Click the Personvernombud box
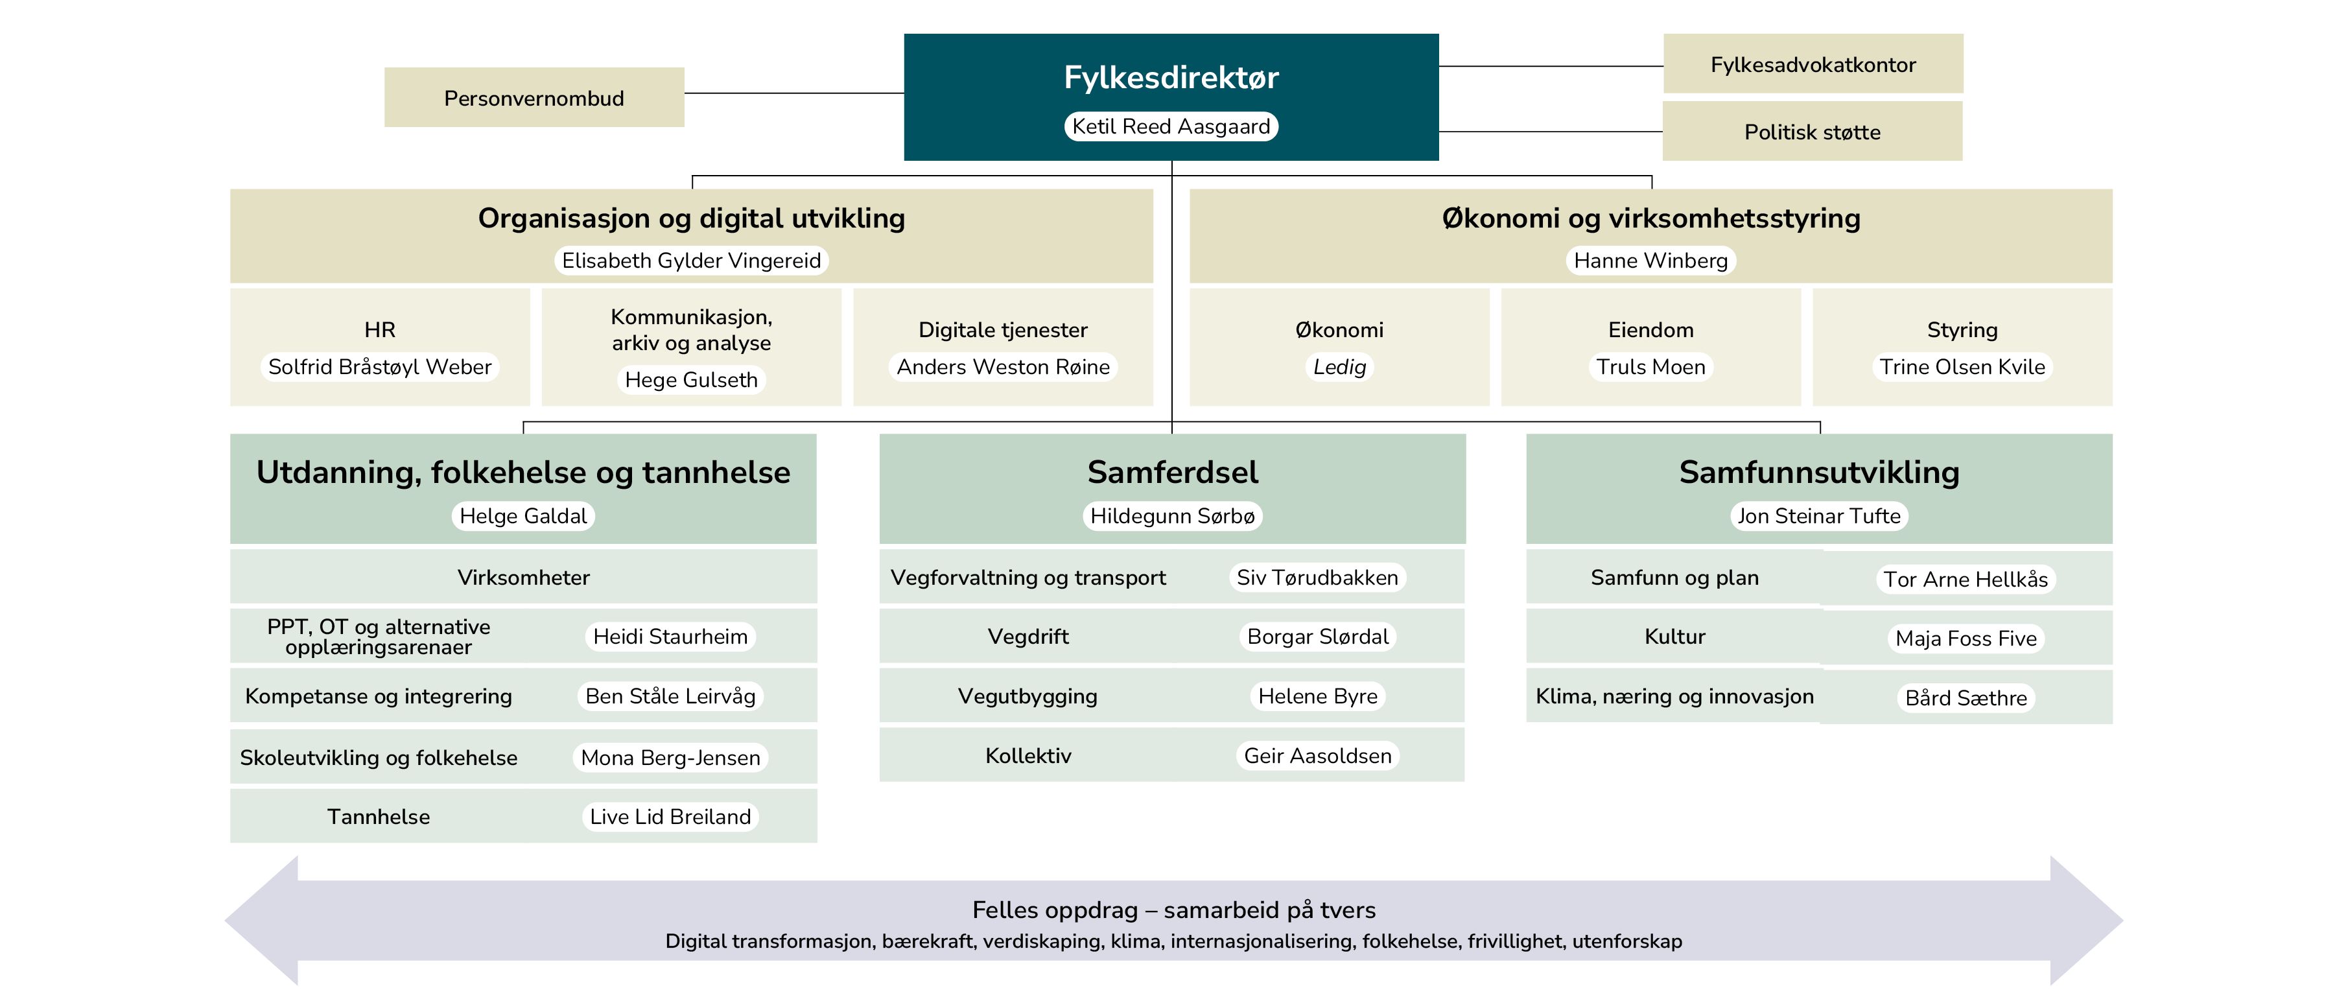click(x=534, y=97)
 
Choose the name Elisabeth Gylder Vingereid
click(x=691, y=261)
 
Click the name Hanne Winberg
click(x=1650, y=261)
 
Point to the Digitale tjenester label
click(x=1003, y=330)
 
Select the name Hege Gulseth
click(x=691, y=380)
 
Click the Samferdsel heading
click(x=1172, y=472)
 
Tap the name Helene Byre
click(x=1317, y=696)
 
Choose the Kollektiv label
click(x=1028, y=756)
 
